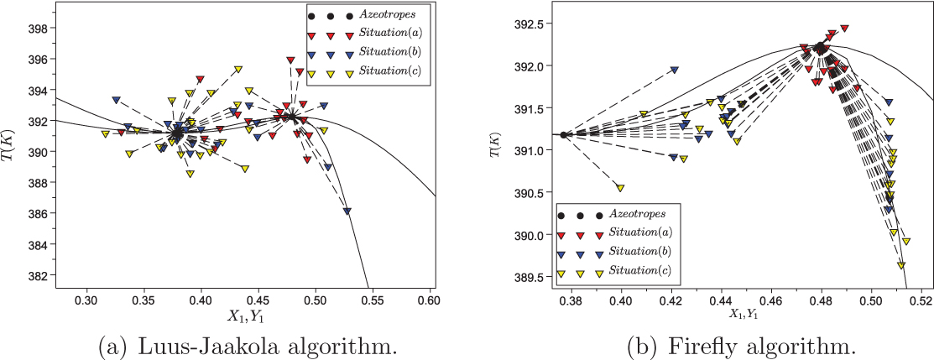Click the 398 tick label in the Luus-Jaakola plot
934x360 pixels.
point(39,29)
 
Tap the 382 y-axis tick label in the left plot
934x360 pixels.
point(39,275)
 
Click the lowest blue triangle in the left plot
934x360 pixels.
point(347,211)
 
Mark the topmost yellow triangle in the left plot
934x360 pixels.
point(238,69)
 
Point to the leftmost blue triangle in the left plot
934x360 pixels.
point(117,100)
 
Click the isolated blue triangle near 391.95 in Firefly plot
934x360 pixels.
point(674,70)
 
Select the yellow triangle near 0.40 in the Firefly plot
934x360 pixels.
point(620,188)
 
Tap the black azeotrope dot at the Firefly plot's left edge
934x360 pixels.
point(564,134)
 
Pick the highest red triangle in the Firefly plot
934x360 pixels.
point(844,29)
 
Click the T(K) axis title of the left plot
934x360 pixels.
point(13,143)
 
